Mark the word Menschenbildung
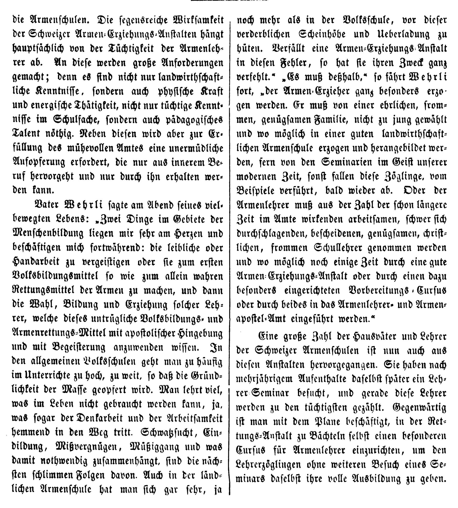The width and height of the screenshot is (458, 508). (48, 233)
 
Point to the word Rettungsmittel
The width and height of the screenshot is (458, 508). (43, 290)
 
